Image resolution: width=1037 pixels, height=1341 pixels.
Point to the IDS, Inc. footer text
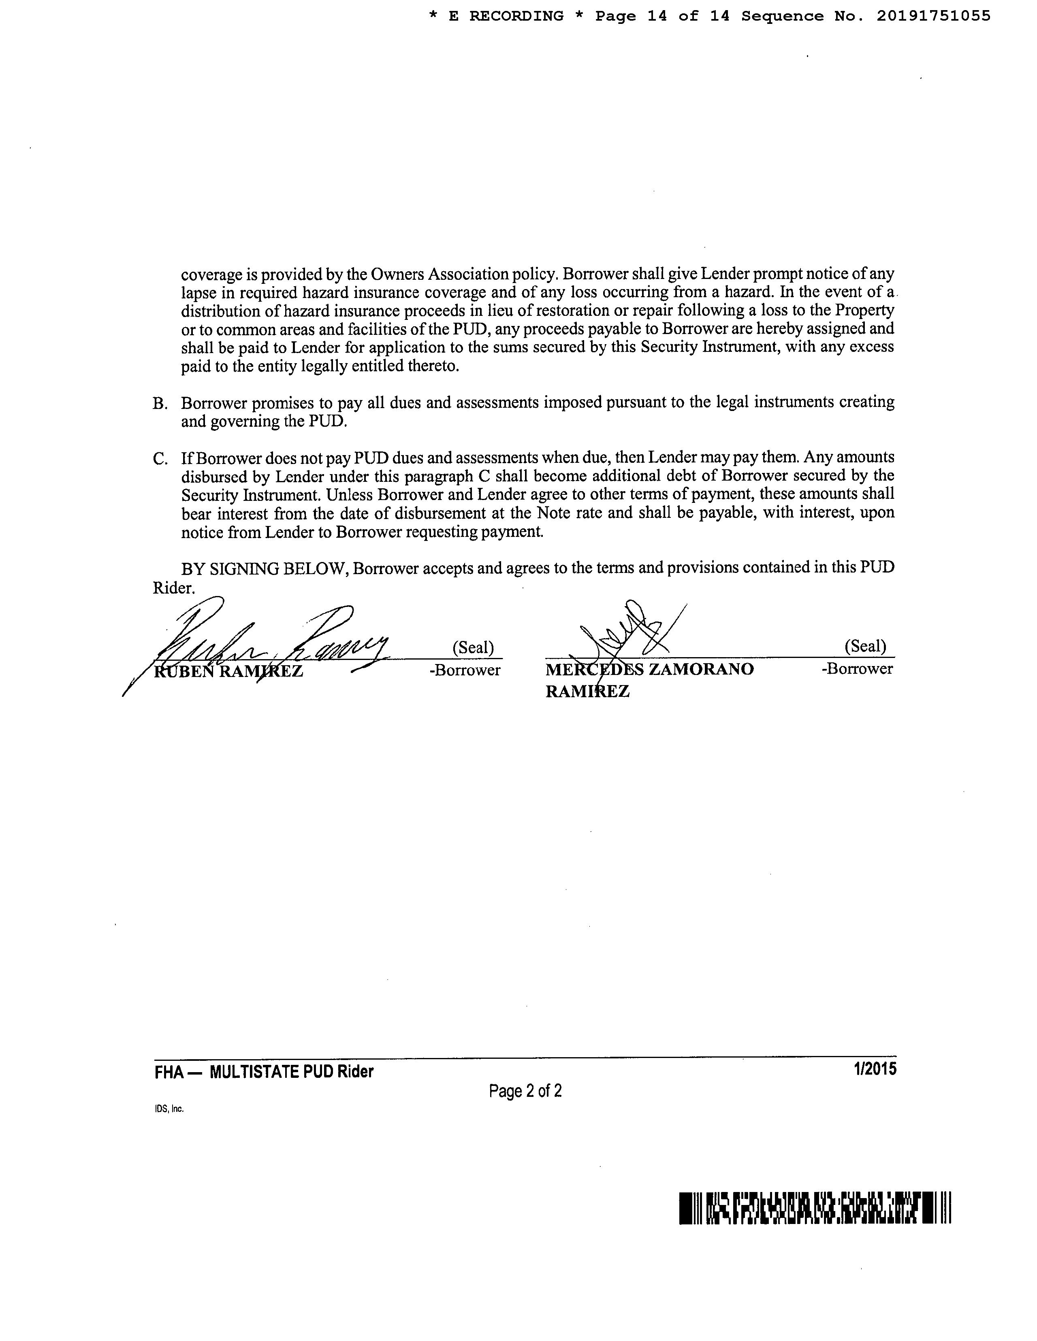[169, 1109]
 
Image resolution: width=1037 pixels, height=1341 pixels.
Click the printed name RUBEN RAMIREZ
[228, 671]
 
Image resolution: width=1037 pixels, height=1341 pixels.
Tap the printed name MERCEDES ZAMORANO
[649, 669]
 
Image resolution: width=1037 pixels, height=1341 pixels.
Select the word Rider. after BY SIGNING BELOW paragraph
[173, 588]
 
